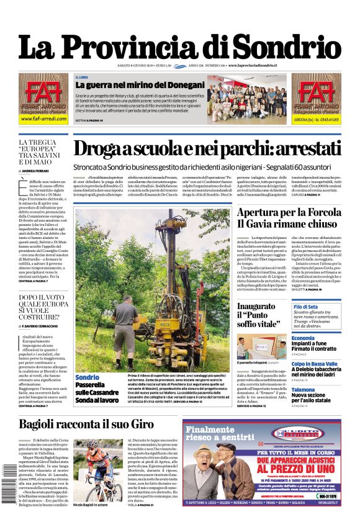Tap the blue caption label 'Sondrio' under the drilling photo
[87, 377]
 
